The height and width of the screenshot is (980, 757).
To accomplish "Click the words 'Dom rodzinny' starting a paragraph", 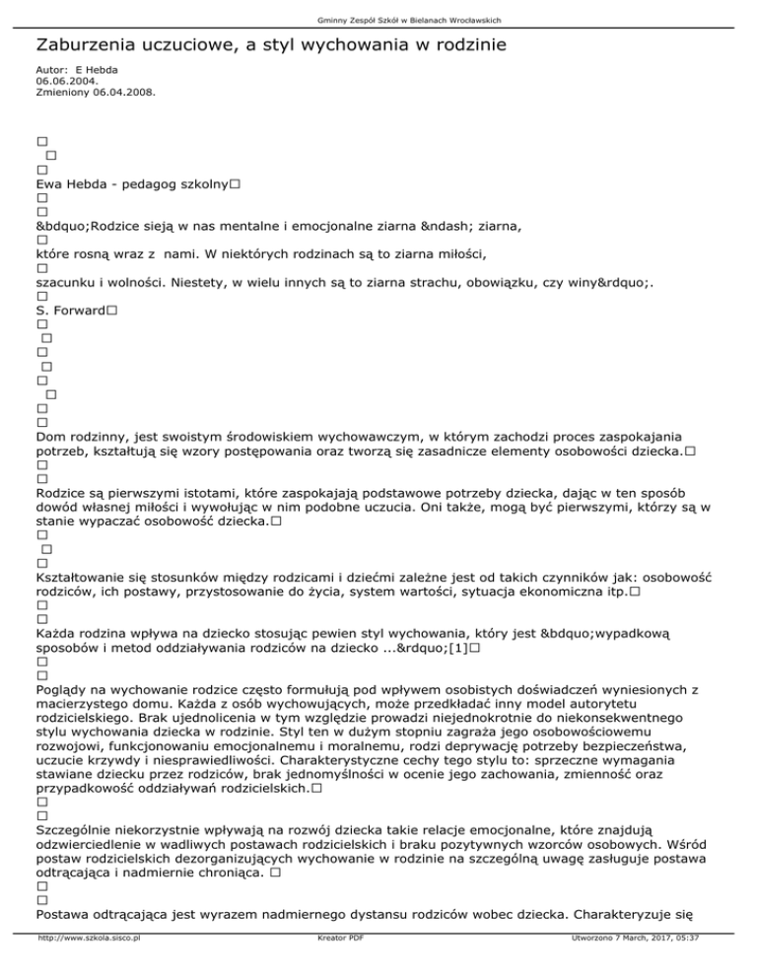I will (78, 436).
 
